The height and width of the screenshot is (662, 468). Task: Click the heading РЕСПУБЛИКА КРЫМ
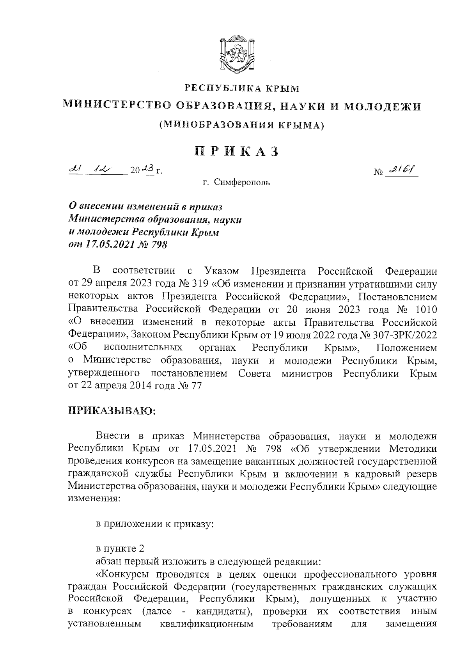pyautogui.click(x=242, y=89)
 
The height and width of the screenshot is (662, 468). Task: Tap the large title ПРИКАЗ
pyautogui.click(x=237, y=151)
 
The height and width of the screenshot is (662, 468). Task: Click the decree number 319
pyautogui.click(x=200, y=283)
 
